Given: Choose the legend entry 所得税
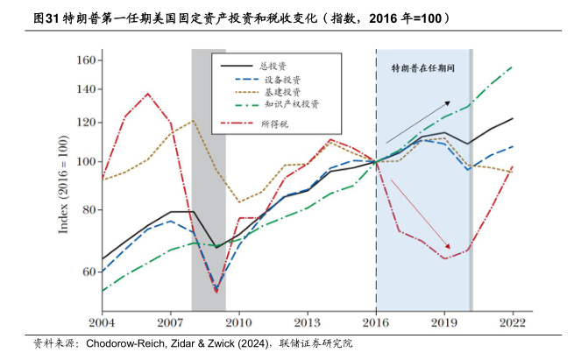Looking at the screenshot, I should point(274,123).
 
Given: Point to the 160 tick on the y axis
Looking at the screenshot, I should point(84,60).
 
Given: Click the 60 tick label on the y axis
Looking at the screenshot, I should point(88,272).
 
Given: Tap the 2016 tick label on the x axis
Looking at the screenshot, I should point(376,322).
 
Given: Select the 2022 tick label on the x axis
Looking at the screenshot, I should point(513,322).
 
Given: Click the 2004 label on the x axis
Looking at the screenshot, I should point(102,322).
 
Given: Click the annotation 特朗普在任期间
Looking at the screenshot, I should point(424,67).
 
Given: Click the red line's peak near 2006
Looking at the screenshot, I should point(147,94).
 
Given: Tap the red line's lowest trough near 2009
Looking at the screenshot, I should point(216,290).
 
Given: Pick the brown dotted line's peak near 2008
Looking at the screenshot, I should point(194,120).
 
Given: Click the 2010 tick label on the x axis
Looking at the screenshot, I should point(239,322).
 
